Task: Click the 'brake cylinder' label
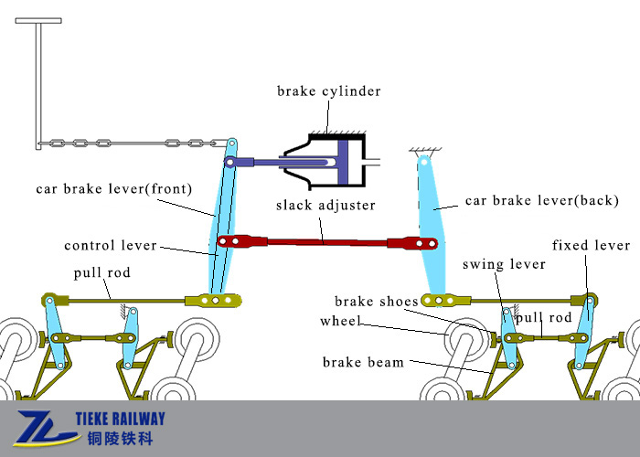tap(328, 91)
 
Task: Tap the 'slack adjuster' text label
tap(325, 205)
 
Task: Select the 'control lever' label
tap(111, 245)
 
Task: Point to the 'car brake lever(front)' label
tap(114, 189)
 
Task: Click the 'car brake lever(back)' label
tap(541, 200)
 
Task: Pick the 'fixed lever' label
tap(591, 245)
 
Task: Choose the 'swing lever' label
tap(504, 264)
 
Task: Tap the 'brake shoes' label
tap(377, 301)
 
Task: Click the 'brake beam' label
tap(363, 362)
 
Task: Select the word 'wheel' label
tap(340, 321)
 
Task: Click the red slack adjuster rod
tap(327, 242)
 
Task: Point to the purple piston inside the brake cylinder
tap(343, 163)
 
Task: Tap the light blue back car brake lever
tap(432, 228)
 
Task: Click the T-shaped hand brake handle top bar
tap(38, 20)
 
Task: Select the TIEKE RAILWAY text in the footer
tap(120, 419)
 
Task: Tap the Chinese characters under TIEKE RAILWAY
tap(120, 439)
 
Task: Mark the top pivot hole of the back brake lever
tap(424, 162)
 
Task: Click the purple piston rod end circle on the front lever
tap(229, 163)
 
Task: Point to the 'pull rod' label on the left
tap(102, 272)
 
